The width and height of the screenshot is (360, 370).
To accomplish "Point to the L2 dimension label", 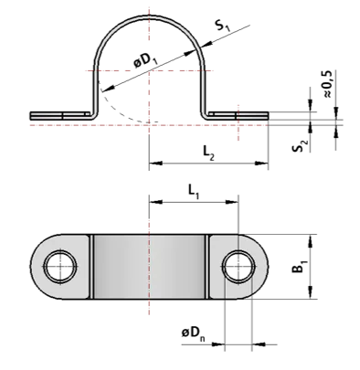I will (x=209, y=153).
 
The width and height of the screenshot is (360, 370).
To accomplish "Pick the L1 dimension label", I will (x=192, y=192).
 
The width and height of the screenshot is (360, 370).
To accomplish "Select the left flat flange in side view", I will (x=59, y=115).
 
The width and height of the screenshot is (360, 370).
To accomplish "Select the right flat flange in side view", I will (x=238, y=115).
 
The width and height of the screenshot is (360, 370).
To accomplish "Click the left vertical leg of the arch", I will (x=94, y=91).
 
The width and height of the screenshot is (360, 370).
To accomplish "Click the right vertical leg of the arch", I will (x=204, y=91).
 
